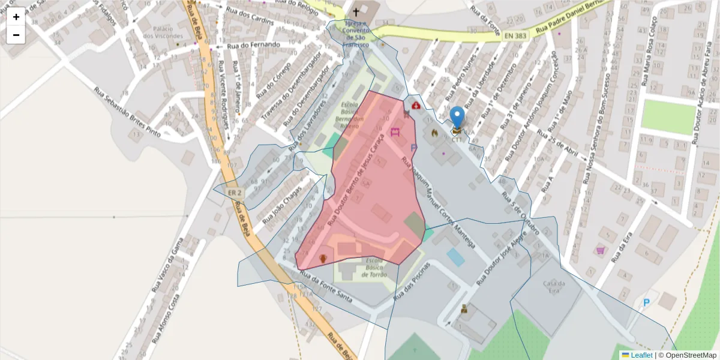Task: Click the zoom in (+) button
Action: [x=16, y=17]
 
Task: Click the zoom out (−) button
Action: [x=16, y=35]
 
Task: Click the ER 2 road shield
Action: [x=235, y=193]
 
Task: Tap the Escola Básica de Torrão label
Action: [x=374, y=268]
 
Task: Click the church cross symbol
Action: [x=356, y=11]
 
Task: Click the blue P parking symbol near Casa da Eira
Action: [x=647, y=303]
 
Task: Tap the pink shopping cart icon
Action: [x=600, y=250]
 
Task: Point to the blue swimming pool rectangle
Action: [x=455, y=257]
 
